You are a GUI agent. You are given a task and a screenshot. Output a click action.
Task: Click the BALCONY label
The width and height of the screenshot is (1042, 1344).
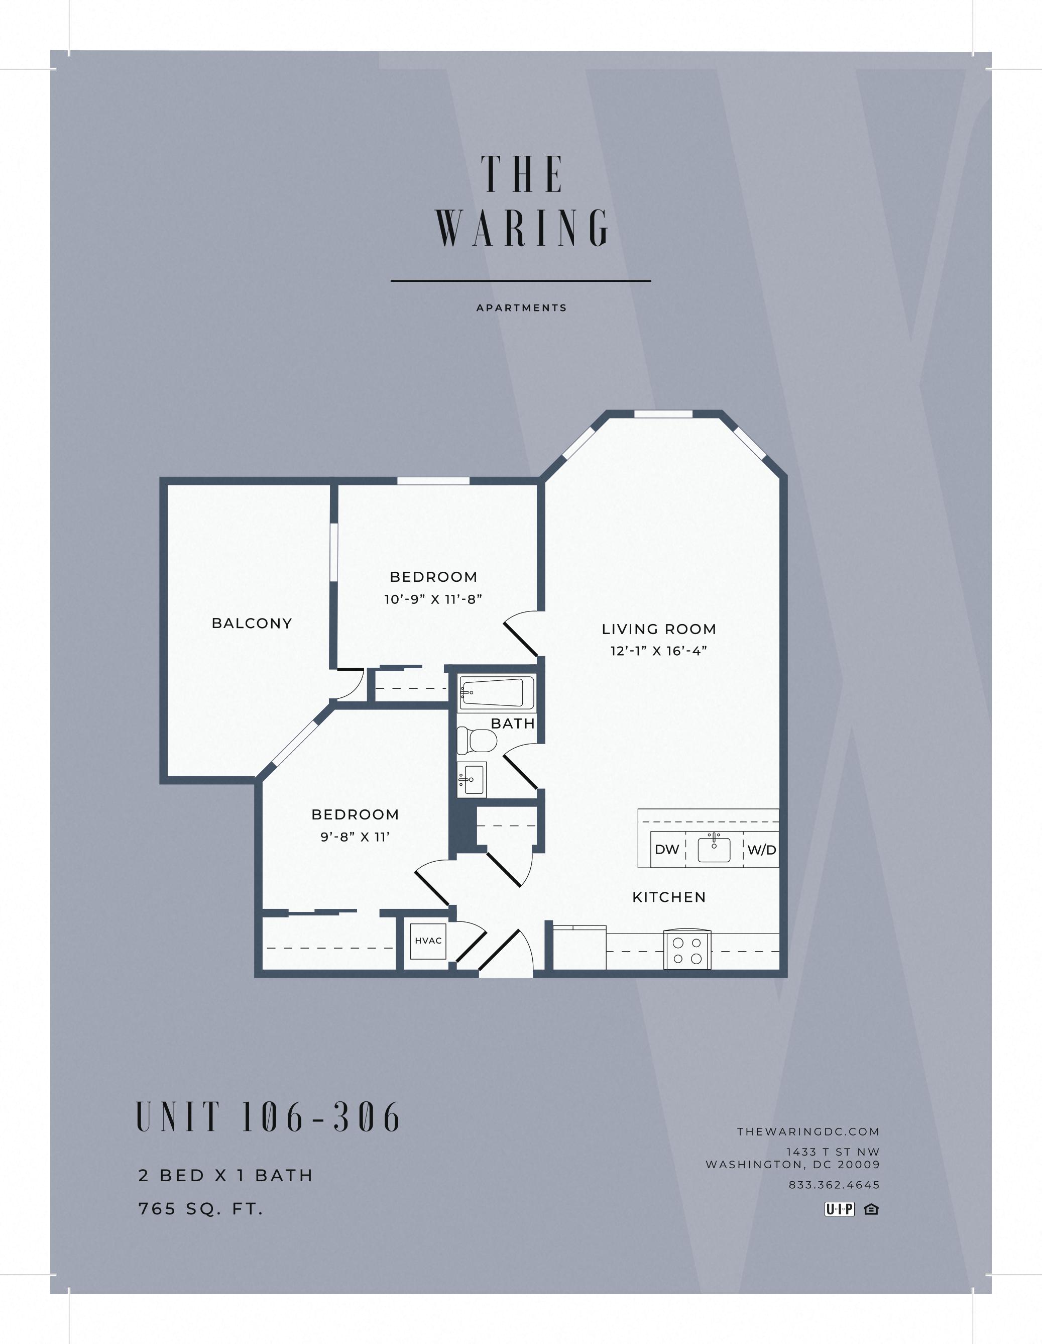252,624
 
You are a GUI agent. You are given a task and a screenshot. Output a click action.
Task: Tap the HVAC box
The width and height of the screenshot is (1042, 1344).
428,941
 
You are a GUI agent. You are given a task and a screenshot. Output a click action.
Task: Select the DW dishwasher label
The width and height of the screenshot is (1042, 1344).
667,850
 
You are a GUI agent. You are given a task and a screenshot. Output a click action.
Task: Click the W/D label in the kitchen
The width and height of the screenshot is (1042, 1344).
761,850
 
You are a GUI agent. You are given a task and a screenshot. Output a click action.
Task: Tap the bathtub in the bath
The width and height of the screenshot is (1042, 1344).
492,693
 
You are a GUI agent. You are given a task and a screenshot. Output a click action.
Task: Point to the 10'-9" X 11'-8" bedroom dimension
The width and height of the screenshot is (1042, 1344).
433,599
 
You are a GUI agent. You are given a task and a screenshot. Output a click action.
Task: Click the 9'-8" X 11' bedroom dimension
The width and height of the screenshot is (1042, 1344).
355,837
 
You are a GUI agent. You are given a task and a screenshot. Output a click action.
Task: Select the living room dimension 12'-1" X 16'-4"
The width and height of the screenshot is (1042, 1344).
659,651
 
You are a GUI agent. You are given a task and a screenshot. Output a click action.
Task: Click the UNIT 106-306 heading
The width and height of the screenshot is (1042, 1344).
268,1117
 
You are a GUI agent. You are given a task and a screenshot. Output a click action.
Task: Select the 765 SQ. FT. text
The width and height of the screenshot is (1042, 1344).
200,1209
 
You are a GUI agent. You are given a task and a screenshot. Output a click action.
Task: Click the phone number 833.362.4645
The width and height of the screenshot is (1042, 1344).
834,1185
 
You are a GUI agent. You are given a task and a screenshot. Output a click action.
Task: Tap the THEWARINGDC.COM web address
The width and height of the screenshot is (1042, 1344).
808,1131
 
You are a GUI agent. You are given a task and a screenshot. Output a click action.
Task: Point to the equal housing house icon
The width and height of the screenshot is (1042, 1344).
871,1209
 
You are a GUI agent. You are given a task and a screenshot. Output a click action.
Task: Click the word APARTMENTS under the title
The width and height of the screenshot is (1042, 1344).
522,307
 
